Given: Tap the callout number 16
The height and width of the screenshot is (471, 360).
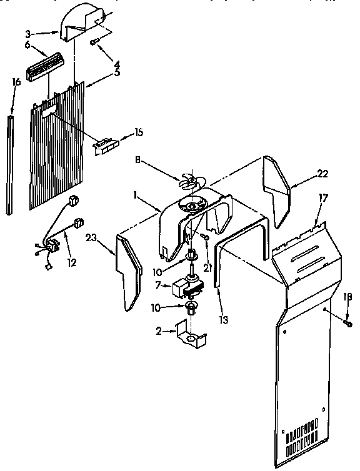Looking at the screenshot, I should tap(16, 82).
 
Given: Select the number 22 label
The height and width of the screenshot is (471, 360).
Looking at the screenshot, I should tap(322, 174).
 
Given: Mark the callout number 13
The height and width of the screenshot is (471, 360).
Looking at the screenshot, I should tap(224, 319).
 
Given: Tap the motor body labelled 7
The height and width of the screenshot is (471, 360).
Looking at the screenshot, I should tap(189, 287).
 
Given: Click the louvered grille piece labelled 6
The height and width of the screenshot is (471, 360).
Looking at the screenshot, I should tap(47, 63).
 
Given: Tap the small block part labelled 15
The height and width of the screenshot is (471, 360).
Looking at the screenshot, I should tap(104, 145).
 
